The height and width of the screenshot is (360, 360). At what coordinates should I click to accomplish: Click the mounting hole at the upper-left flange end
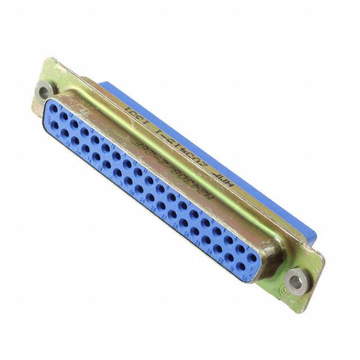coord(44,89)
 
